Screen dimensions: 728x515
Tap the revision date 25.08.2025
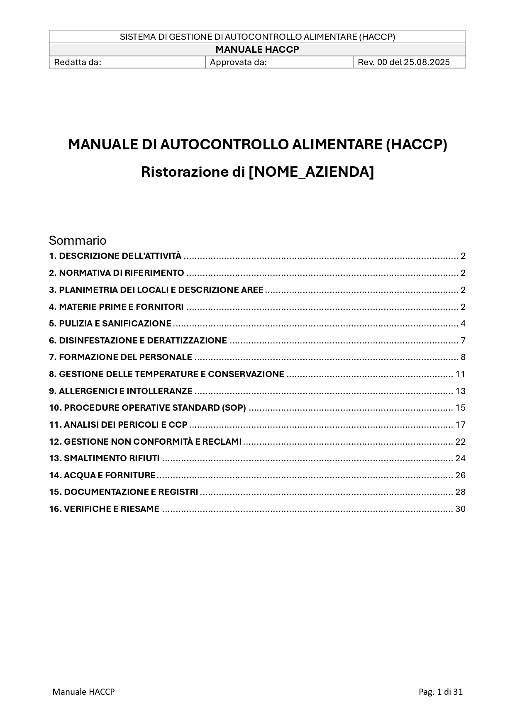coord(427,62)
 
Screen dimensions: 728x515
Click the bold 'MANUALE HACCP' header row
coord(257,50)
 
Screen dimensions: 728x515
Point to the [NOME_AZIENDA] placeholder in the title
coord(311,172)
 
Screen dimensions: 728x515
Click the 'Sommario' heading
coord(78,241)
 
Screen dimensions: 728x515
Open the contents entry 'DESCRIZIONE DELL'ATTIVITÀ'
coord(115,256)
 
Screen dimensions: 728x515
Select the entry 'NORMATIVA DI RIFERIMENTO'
coord(117,273)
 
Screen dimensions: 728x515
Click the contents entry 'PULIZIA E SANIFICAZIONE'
coord(110,324)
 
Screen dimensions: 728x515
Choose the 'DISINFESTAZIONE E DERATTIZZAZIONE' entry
coord(138,341)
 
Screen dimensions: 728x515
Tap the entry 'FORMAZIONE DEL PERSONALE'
coord(121,357)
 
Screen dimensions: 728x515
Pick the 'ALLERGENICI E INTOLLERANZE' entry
coord(121,391)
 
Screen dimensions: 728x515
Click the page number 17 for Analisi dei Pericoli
coord(460,425)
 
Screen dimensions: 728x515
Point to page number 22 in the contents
coord(460,442)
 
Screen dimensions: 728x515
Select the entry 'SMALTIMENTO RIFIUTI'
coord(105,458)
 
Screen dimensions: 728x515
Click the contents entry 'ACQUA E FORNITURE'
coord(103,475)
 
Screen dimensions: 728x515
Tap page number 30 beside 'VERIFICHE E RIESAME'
coord(460,509)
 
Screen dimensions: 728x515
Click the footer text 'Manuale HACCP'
coord(83,691)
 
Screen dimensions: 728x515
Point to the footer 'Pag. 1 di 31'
coord(441,691)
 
